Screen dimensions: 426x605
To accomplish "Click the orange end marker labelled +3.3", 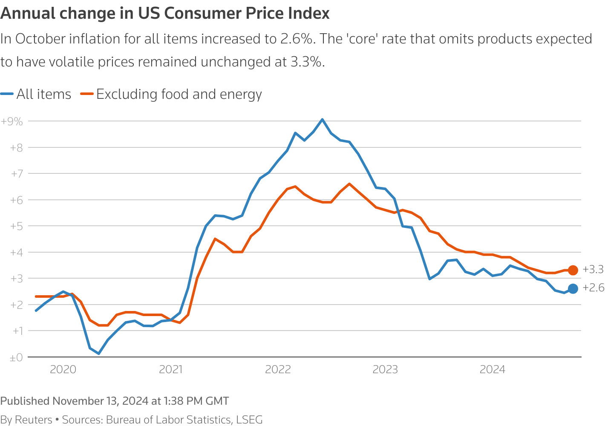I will (x=573, y=270).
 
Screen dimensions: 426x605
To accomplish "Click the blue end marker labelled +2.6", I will (x=573, y=288).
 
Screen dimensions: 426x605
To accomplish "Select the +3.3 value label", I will (x=593, y=269).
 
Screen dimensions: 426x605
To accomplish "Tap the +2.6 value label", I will (x=593, y=288).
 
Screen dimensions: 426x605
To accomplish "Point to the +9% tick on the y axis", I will (x=12, y=121).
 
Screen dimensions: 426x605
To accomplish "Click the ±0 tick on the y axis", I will (x=16, y=357).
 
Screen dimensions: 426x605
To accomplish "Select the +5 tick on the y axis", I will (x=16, y=226).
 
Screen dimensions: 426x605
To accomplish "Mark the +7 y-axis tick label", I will (x=16, y=174).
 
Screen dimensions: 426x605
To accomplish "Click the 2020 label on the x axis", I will (x=63, y=369).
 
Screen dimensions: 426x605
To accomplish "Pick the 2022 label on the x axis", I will (x=278, y=369).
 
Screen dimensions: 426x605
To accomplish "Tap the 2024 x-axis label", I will (x=493, y=369).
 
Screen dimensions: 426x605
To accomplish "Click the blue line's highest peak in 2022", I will (x=322, y=119).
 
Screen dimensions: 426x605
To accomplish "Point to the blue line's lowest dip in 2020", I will (x=99, y=354).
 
